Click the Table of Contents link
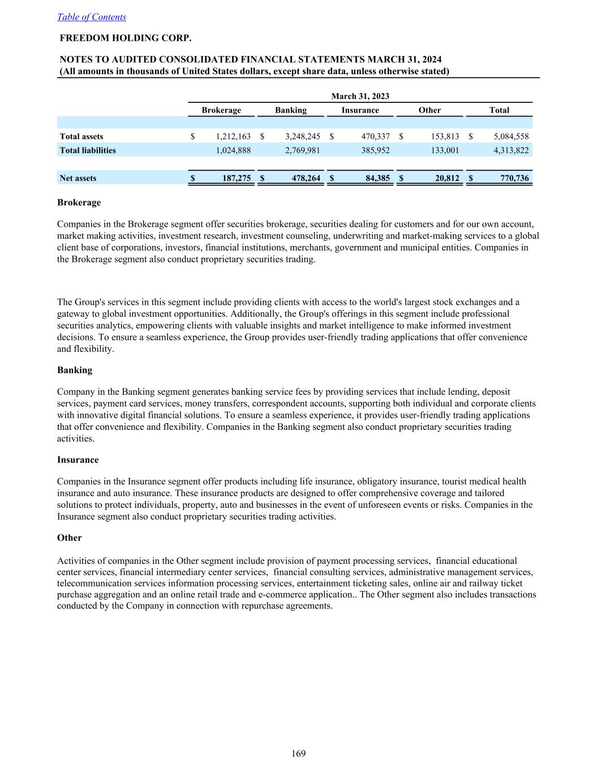92,17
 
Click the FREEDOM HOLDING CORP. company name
126,38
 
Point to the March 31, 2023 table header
360,96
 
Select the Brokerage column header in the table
221,110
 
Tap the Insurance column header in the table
360,110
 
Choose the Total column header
499,110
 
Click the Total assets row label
81,136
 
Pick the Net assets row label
78,178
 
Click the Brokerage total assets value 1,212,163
233,136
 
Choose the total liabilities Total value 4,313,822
511,150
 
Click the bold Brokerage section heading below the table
79,202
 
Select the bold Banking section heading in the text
75,370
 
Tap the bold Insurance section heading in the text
78,460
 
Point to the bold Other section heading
70,538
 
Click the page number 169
299,753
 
